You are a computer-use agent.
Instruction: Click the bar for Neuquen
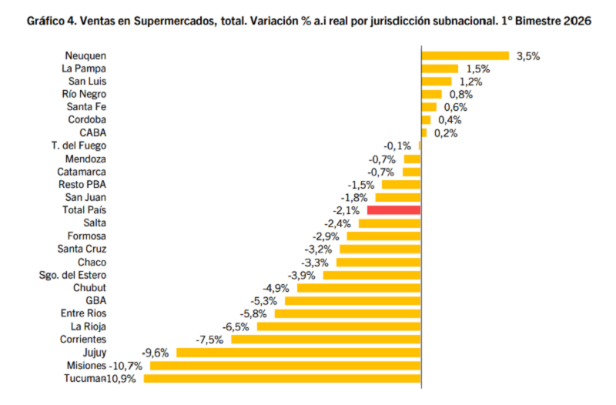pos(465,55)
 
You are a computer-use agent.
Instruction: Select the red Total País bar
pos(394,209)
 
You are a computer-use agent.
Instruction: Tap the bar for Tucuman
pos(282,378)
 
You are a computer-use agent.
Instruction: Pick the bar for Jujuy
pos(299,352)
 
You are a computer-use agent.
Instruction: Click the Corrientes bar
pos(326,340)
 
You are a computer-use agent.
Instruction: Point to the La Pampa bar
pos(440,69)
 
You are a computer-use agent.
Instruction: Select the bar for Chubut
pos(359,288)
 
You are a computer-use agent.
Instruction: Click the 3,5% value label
pos(528,55)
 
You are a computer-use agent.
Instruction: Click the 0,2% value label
pos(446,132)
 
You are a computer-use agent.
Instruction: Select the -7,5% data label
pos(211,340)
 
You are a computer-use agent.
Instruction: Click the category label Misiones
pos(86,365)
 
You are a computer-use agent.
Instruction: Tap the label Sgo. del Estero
pos(72,275)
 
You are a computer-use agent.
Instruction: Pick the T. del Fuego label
pos(79,146)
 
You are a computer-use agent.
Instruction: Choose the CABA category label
pos(92,132)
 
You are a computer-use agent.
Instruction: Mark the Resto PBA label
pos(82,184)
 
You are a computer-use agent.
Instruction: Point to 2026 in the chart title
pos(578,22)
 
